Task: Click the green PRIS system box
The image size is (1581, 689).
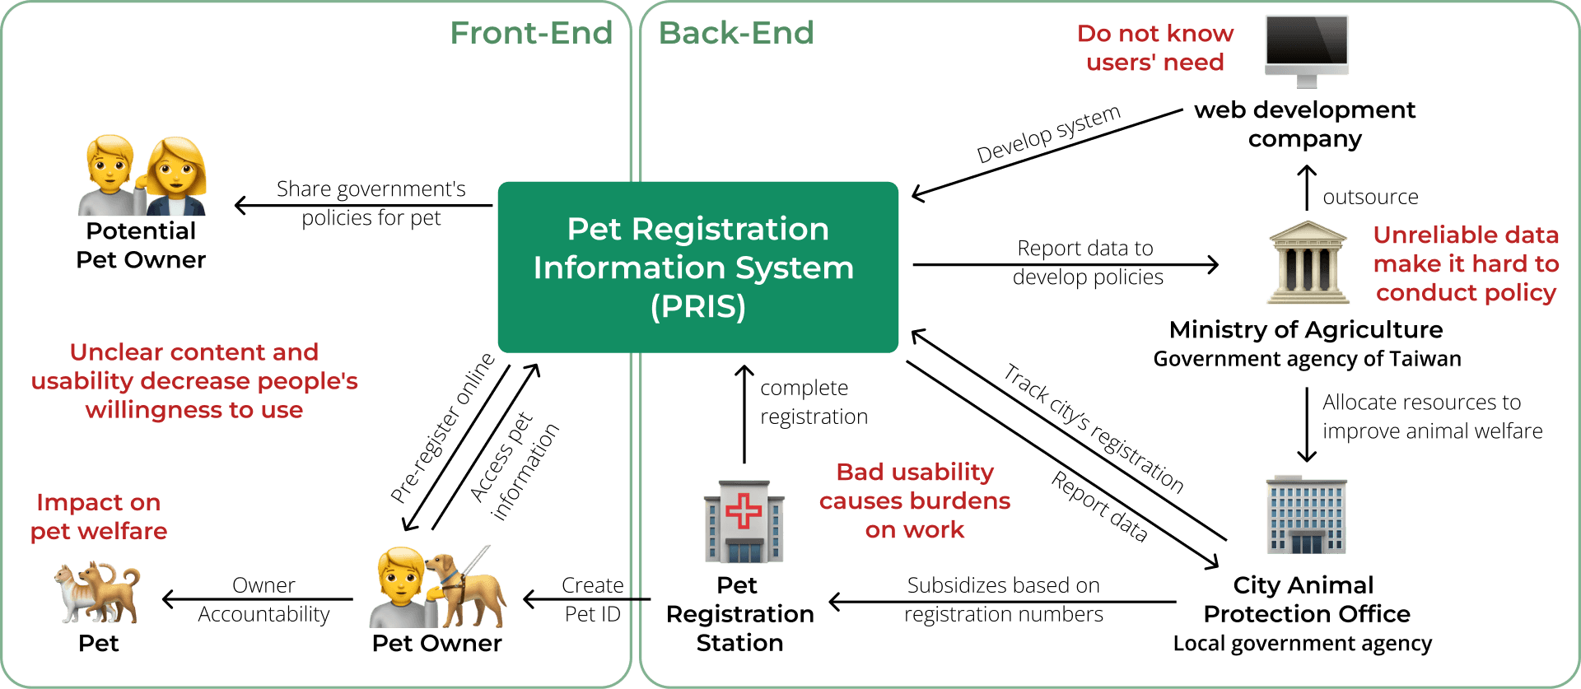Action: pyautogui.click(x=697, y=268)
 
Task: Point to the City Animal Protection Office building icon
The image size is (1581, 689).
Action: pyautogui.click(x=1307, y=514)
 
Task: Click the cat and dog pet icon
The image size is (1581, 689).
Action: pyautogui.click(x=98, y=592)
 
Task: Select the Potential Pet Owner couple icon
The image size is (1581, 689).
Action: pyautogui.click(x=142, y=175)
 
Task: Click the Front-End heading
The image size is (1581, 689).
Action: pyautogui.click(x=531, y=33)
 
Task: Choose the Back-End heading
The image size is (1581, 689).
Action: pyautogui.click(x=736, y=33)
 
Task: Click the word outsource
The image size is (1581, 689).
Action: pyautogui.click(x=1370, y=197)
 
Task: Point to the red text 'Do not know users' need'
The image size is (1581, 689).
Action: pyautogui.click(x=1154, y=48)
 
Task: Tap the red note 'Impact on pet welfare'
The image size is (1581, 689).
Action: pyautogui.click(x=98, y=517)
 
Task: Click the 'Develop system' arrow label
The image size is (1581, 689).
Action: pyautogui.click(x=1048, y=133)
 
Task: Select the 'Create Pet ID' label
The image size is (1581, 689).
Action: pyautogui.click(x=592, y=599)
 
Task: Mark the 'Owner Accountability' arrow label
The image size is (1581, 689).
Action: pyautogui.click(x=263, y=599)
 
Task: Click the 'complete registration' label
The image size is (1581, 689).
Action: pyautogui.click(x=813, y=402)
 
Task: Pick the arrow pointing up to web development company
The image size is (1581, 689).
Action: pyautogui.click(x=1307, y=187)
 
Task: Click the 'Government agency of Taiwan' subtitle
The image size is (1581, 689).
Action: pyautogui.click(x=1307, y=359)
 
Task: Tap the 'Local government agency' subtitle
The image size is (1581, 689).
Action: pyautogui.click(x=1302, y=644)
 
